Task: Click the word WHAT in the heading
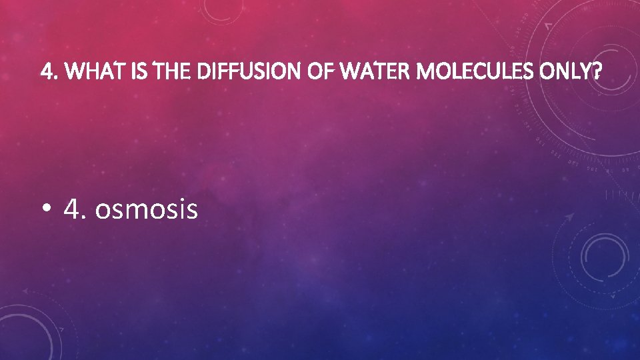[87, 70]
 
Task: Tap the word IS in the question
[138, 70]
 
